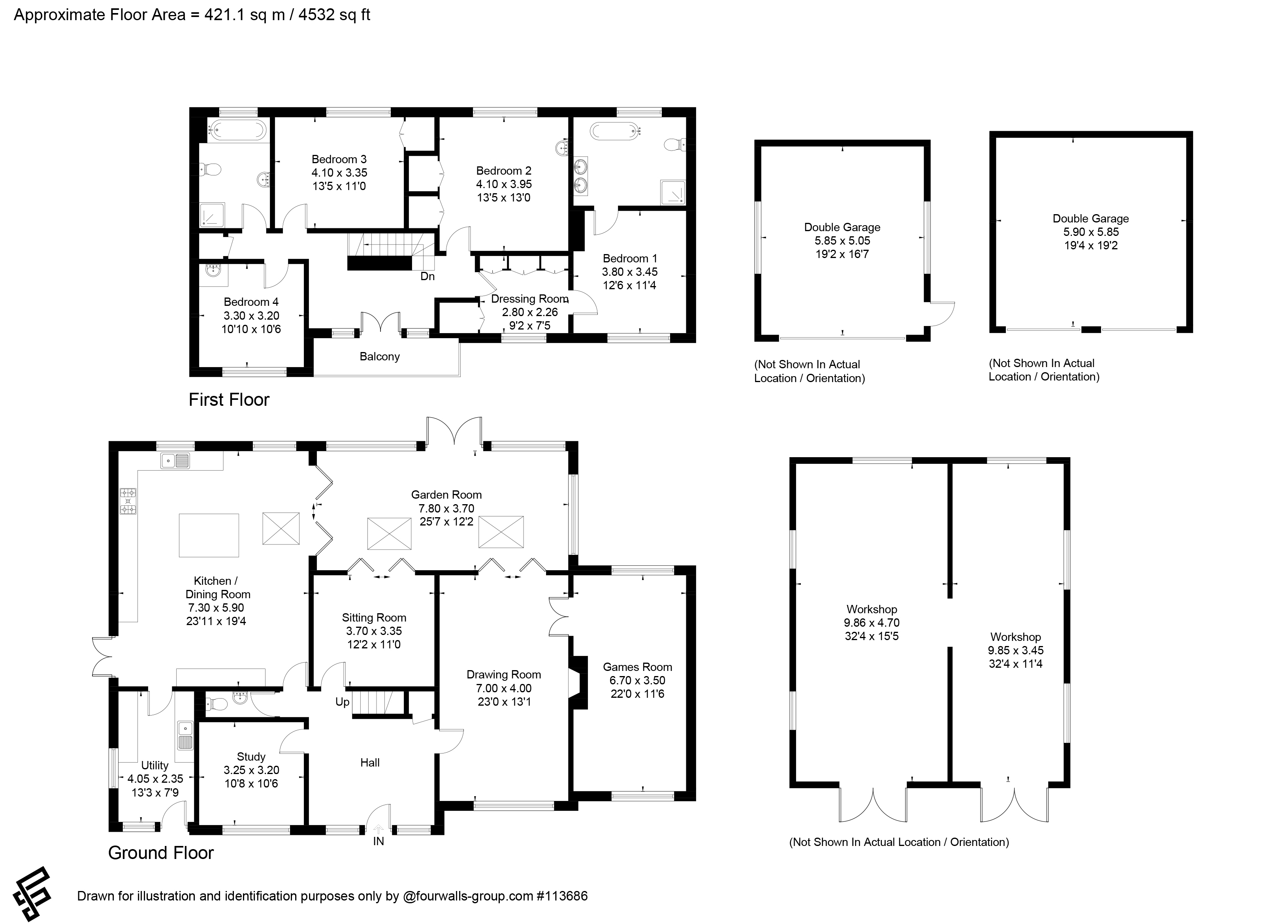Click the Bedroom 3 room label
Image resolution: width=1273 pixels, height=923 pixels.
(339, 160)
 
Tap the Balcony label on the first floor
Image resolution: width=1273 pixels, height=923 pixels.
(379, 356)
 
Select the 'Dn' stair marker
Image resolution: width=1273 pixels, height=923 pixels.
(428, 276)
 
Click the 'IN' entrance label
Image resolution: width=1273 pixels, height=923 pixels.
(379, 841)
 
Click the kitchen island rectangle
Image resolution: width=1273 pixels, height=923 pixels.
(209, 535)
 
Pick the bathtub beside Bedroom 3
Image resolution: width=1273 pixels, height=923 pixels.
(237, 131)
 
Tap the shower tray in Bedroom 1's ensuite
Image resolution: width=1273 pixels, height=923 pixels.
(672, 192)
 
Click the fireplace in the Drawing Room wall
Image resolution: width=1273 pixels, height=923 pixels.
(578, 683)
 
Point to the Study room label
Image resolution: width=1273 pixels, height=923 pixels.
(251, 757)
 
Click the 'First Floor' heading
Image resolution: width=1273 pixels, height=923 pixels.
(229, 400)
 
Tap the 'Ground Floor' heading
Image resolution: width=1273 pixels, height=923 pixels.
(161, 853)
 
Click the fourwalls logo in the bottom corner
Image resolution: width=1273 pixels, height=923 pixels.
(32, 895)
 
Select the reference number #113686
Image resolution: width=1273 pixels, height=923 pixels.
(562, 895)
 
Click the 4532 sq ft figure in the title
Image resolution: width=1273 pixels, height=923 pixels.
(335, 15)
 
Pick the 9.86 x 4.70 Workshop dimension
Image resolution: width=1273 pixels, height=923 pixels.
(872, 623)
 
